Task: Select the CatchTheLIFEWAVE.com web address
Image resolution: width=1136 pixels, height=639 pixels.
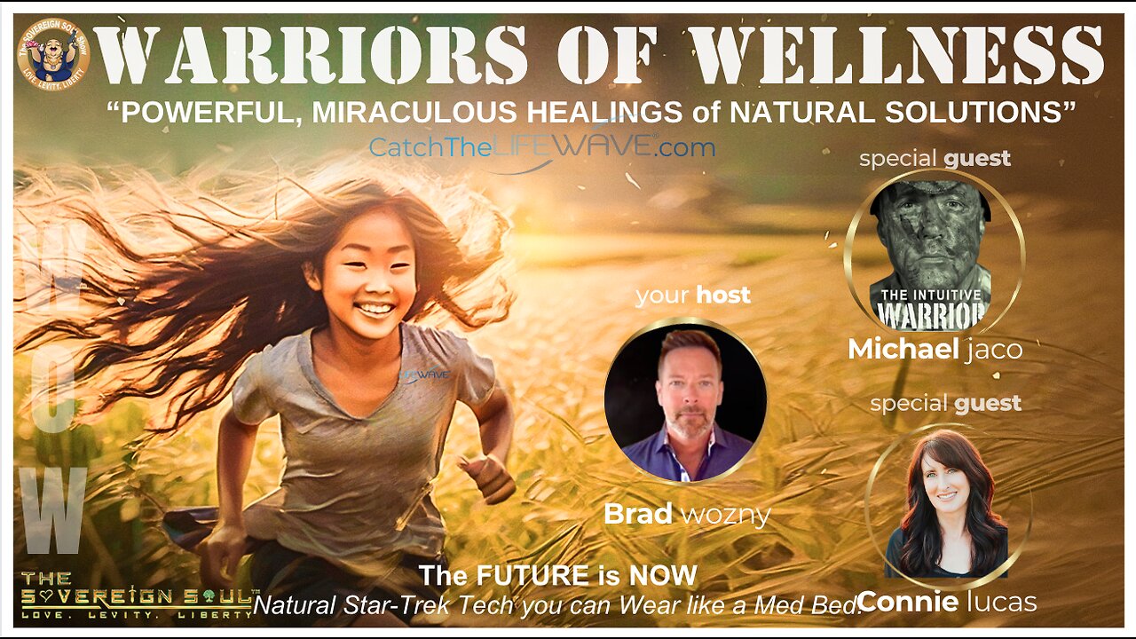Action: pos(541,147)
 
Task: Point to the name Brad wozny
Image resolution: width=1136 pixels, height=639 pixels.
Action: pos(686,514)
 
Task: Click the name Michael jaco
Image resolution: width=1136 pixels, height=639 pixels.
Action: pos(935,349)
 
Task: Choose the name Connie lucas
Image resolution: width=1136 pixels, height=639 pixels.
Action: pos(947,602)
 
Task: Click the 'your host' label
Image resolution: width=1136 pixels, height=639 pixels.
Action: pos(692,295)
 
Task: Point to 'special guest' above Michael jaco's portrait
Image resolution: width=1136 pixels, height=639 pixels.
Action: pos(935,159)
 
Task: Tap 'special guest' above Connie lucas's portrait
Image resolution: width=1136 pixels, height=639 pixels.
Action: pos(945,404)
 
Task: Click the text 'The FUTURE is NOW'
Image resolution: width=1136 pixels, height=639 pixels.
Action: pos(558,575)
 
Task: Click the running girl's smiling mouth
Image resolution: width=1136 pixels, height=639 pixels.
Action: pos(376,310)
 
